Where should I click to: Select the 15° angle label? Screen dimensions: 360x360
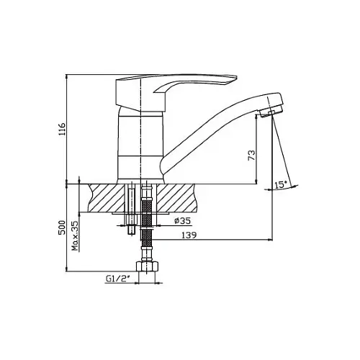point(281,185)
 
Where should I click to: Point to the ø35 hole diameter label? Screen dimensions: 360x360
point(183,221)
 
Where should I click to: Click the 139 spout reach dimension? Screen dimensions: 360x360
point(189,235)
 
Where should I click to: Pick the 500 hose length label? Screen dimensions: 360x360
point(62,228)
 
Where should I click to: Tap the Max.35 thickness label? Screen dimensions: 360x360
point(76,236)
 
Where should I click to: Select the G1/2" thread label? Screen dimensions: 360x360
point(117,279)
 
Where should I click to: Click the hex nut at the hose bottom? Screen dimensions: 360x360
point(147,267)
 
